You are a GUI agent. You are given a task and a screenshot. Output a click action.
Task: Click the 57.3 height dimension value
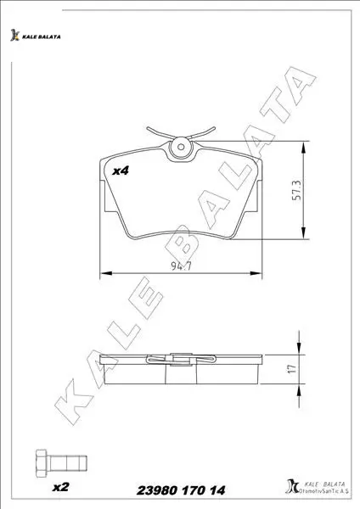(297, 190)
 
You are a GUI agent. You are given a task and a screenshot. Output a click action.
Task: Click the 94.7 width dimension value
(182, 266)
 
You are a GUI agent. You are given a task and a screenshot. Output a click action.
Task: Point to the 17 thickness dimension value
(292, 368)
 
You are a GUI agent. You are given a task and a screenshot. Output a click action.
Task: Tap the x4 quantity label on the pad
(121, 171)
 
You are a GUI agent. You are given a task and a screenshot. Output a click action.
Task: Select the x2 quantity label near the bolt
(61, 487)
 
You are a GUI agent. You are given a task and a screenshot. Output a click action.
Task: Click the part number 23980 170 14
(181, 490)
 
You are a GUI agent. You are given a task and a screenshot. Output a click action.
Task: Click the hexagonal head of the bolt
(41, 463)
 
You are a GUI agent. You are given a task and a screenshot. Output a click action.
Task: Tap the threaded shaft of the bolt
(66, 463)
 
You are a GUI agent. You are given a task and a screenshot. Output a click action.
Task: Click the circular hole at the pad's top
(181, 147)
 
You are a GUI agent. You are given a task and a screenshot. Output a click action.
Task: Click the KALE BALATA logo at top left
(35, 36)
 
